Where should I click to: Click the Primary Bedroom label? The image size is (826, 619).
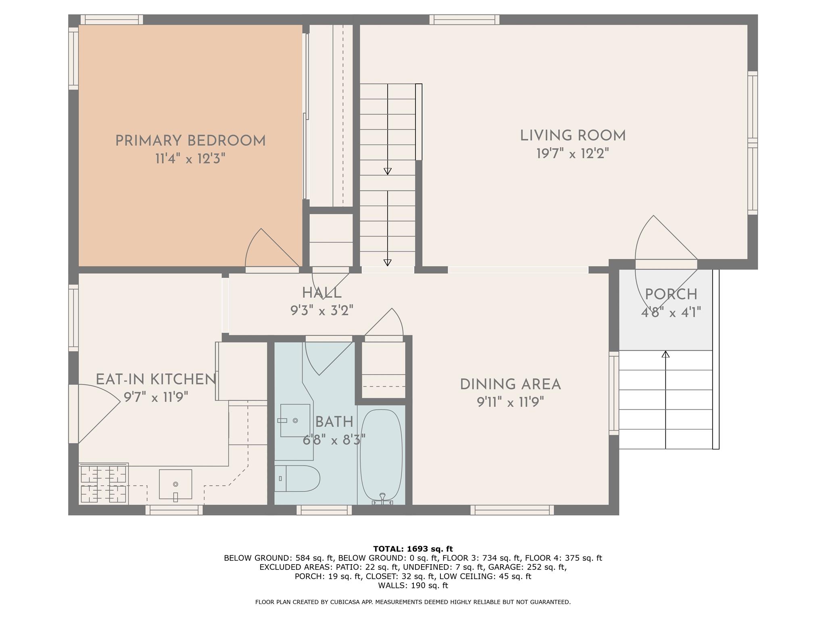[x=190, y=141]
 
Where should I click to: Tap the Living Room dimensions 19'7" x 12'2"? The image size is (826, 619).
[x=572, y=154]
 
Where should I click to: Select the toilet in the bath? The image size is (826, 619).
[x=297, y=478]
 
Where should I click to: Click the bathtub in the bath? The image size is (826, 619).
[x=381, y=455]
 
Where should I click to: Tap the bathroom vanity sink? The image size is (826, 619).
[x=295, y=420]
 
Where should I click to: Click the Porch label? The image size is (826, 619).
[x=671, y=295]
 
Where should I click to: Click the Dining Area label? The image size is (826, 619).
[x=510, y=384]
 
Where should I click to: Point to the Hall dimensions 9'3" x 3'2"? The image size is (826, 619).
[x=322, y=311]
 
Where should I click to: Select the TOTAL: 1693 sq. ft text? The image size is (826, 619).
[x=413, y=549]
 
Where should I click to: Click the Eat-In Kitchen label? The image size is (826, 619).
[x=156, y=380]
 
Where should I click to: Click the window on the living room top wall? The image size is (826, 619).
[x=464, y=20]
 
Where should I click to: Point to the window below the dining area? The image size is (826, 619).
[x=512, y=510]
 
